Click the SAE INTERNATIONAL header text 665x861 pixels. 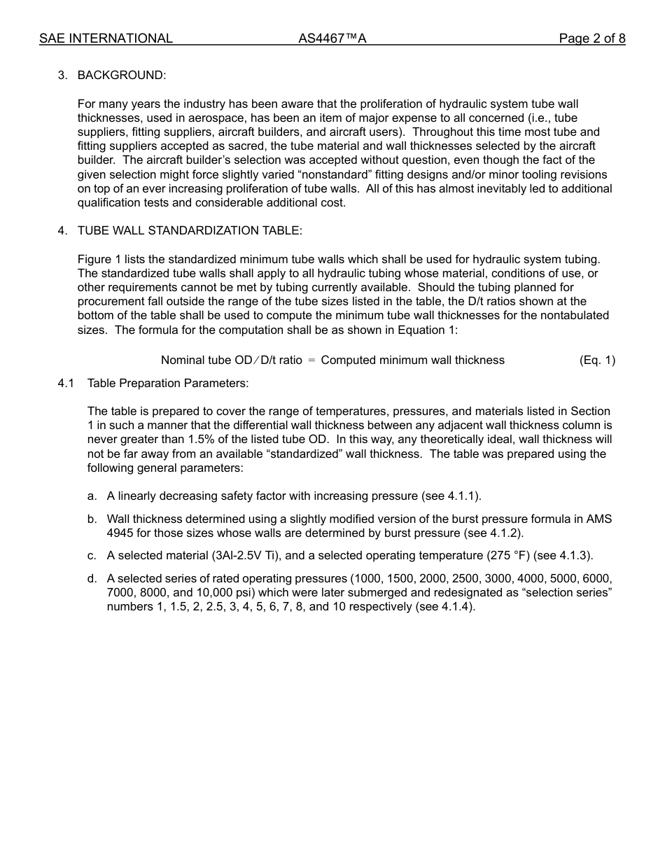106,38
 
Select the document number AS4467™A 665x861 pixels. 332,38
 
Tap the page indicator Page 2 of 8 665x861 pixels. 591,38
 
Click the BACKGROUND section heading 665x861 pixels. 122,75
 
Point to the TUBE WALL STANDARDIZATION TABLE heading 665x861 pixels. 190,230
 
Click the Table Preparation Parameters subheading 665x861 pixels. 168,383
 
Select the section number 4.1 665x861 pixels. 66,383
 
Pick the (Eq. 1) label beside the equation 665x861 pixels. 597,360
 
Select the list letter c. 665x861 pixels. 92,555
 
